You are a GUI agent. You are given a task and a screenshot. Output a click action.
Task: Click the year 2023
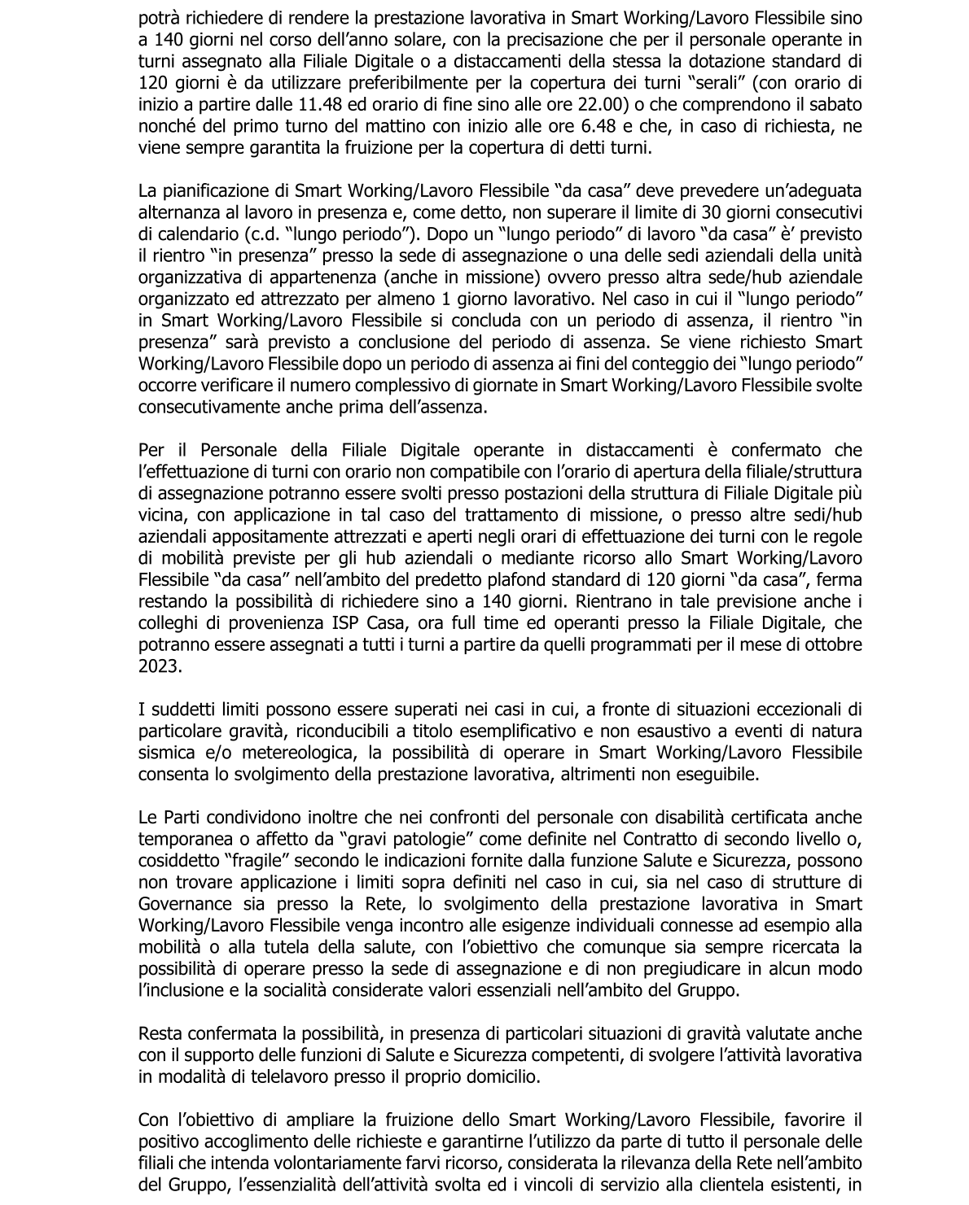point(161,666)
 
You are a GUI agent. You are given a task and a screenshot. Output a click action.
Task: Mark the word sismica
point(167,753)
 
